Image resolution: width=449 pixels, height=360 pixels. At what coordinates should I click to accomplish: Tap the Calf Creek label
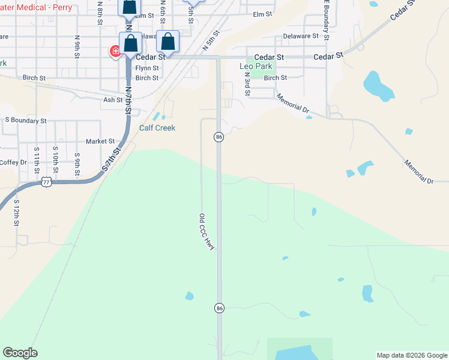click(157, 128)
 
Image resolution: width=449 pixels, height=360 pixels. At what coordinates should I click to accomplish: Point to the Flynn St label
click(146, 68)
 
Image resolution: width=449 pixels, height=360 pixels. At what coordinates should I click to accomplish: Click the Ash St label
click(112, 100)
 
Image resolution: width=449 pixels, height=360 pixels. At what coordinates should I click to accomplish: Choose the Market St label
click(100, 142)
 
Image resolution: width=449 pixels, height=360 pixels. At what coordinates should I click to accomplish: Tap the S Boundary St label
click(25, 121)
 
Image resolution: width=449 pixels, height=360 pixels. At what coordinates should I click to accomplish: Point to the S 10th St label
click(55, 160)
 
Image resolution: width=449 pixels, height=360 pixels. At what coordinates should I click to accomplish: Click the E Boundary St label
click(326, 22)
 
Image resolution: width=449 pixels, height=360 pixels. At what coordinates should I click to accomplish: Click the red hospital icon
click(114, 52)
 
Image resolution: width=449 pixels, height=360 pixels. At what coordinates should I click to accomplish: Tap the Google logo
click(20, 353)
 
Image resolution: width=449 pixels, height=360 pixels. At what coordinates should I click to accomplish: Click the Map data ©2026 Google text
click(412, 355)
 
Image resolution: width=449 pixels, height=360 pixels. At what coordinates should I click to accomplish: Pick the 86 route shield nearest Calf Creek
click(219, 137)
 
